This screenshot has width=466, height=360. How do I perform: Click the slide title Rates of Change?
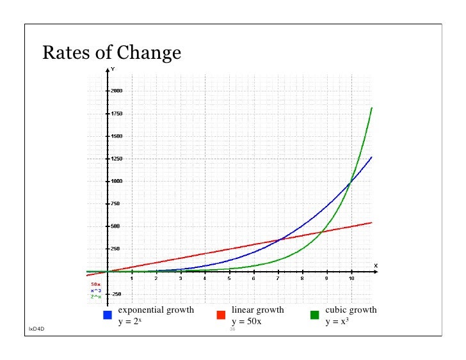(111, 52)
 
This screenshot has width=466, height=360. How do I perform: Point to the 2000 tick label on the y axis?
(116, 91)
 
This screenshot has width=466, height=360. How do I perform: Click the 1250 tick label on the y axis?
(116, 159)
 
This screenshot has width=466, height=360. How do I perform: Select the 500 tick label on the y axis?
(115, 226)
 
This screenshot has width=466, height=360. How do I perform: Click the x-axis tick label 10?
(351, 279)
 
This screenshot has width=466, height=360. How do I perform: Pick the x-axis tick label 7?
(278, 279)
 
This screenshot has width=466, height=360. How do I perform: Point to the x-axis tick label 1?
(131, 279)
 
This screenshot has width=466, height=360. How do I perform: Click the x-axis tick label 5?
(229, 279)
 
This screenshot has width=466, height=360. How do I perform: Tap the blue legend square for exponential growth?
(108, 315)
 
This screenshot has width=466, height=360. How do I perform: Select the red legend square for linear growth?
(221, 315)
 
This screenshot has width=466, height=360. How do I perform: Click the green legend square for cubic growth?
(314, 315)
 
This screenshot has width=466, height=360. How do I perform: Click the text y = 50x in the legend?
(246, 322)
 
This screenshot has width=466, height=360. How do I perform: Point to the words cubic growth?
(351, 310)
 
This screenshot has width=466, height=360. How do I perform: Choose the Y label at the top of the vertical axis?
(113, 68)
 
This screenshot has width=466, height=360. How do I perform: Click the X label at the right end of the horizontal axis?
(376, 265)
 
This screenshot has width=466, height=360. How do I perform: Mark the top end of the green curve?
(372, 108)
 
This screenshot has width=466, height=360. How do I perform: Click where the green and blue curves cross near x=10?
(349, 183)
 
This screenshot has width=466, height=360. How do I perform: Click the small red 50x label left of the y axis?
(95, 284)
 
